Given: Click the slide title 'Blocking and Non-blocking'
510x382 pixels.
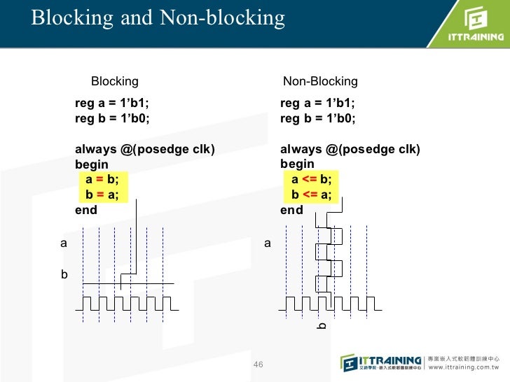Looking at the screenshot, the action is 158,17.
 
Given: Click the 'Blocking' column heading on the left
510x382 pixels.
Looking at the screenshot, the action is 115,81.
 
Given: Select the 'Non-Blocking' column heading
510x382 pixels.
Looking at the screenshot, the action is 319,81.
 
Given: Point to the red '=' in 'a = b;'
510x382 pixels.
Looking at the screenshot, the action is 99,178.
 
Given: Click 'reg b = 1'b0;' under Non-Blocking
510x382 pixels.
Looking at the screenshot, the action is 317,118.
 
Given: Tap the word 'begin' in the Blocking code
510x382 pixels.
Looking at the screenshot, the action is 92,164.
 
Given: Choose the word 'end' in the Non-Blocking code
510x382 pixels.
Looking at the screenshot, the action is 291,210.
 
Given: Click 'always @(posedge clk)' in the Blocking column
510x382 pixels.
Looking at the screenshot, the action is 145,149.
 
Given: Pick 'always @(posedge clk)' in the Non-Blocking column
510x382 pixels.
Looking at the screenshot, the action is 350,149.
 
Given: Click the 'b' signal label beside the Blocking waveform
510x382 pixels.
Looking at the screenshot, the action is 64,275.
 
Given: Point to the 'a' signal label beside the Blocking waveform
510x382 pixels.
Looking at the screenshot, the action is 63,243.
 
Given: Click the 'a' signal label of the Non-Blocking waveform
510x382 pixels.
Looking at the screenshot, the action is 267,243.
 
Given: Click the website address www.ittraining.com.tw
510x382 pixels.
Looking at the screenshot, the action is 462,365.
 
